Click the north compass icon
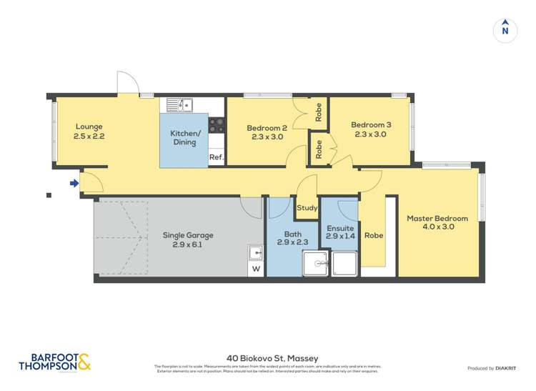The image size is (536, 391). click(x=505, y=30)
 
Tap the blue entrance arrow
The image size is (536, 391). click(x=74, y=184)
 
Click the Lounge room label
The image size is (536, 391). click(x=88, y=127)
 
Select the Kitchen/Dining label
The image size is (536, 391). click(x=184, y=138)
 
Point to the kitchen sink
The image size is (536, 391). click(x=180, y=105)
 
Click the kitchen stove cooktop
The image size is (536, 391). click(x=217, y=126)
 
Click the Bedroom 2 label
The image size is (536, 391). click(x=266, y=128)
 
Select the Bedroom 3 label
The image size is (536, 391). click(x=370, y=125)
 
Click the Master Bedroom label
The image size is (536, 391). click(x=437, y=218)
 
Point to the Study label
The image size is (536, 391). click(x=307, y=208)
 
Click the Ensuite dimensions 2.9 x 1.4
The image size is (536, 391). click(x=340, y=236)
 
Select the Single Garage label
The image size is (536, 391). click(x=189, y=235)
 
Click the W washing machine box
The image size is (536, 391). click(x=255, y=269)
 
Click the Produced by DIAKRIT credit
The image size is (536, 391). click(x=491, y=368)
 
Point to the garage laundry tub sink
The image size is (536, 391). click(x=255, y=252)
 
